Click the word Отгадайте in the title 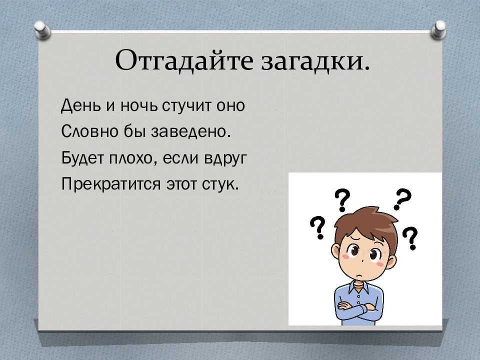(x=184, y=60)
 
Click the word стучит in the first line (x=186, y=106)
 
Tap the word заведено (x=190, y=131)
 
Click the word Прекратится (x=110, y=184)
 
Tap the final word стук (x=220, y=184)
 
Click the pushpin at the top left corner (x=42, y=30)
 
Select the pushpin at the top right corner (x=438, y=30)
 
